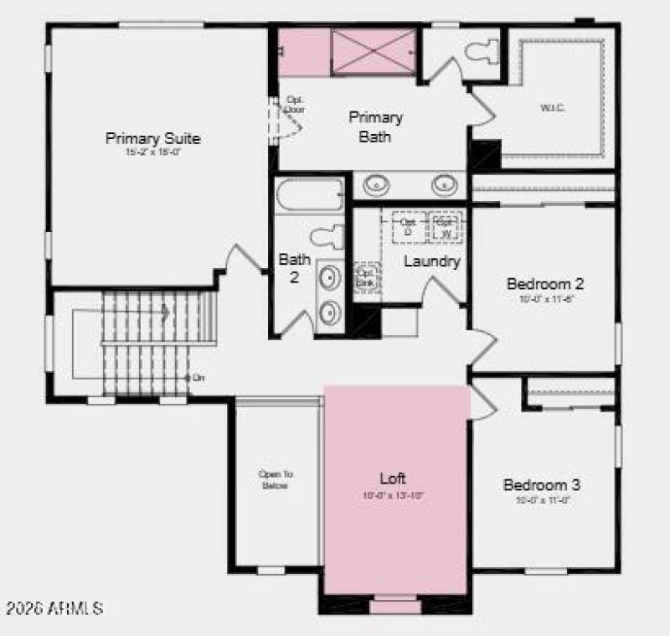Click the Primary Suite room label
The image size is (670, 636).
point(152,138)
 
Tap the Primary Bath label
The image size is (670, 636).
point(375,127)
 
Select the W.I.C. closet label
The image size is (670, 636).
point(553,108)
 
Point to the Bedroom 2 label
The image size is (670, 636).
point(545,284)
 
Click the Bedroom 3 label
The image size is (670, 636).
point(542,485)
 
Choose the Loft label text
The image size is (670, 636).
point(393,478)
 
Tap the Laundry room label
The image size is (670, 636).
point(432,261)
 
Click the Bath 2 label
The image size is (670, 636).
point(295,268)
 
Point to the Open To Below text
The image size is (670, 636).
point(275,479)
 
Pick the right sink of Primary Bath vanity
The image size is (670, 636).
point(444,184)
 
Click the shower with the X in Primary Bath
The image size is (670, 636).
point(374,51)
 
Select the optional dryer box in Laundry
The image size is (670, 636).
point(409,226)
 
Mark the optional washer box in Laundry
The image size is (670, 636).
point(446,226)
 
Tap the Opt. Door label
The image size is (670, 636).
point(295,104)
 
